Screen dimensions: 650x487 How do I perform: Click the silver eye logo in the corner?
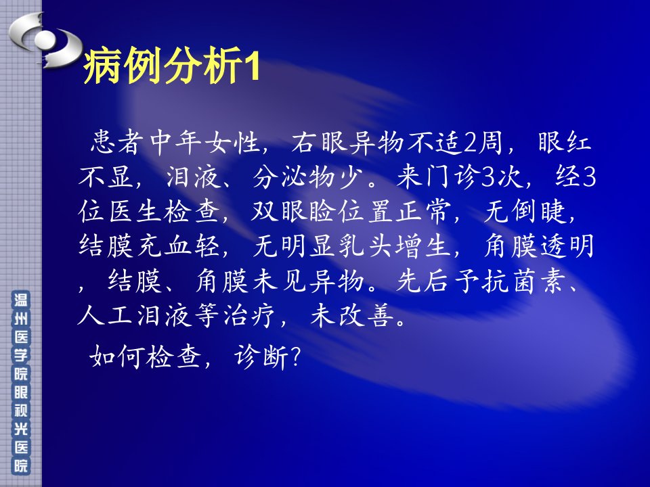(x=45, y=40)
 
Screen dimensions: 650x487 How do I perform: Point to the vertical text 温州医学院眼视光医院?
(x=21, y=383)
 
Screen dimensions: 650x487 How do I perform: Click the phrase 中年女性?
(x=204, y=142)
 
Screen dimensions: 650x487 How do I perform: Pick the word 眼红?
(x=564, y=142)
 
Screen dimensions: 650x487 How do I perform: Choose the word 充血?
(x=164, y=246)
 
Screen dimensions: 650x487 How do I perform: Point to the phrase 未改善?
(x=351, y=316)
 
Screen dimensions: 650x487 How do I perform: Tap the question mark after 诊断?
(x=295, y=357)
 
